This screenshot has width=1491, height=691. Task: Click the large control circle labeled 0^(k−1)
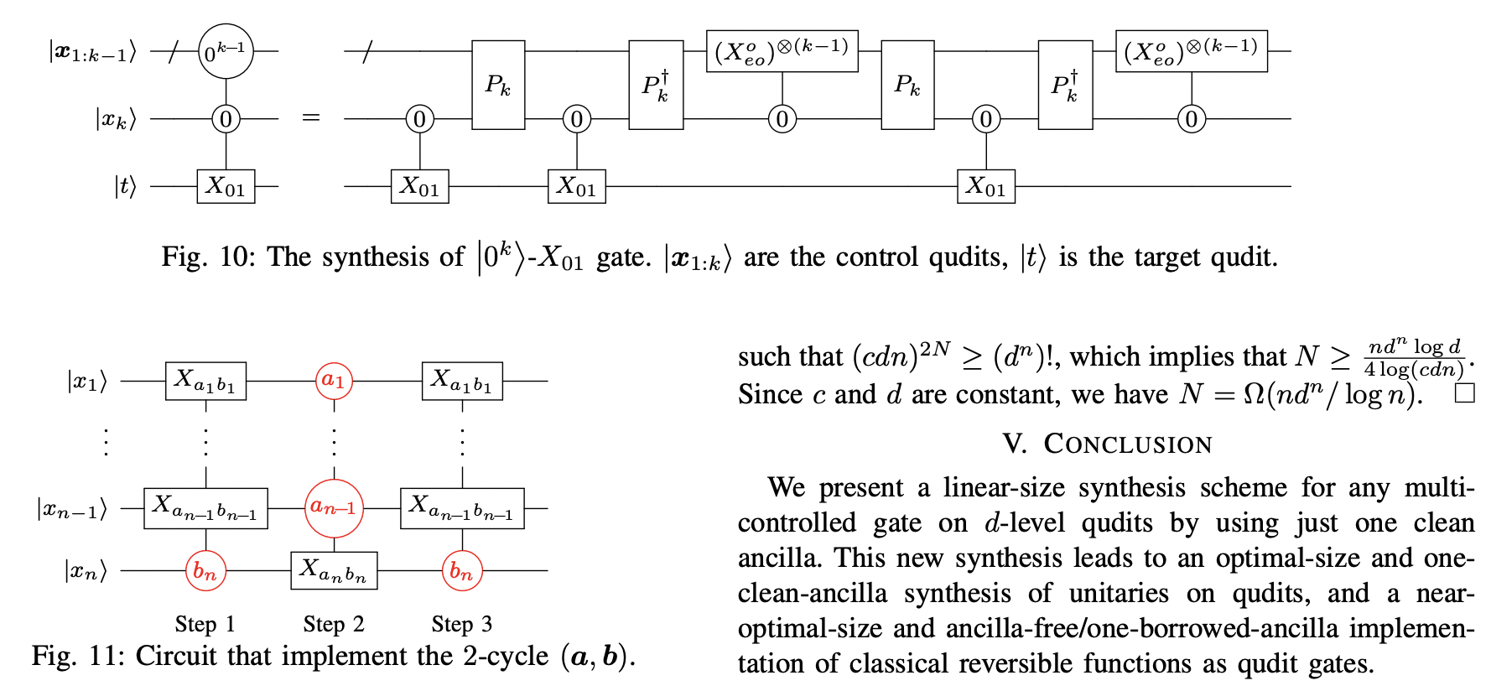click(226, 51)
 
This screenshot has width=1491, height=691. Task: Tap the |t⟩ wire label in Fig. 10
click(124, 186)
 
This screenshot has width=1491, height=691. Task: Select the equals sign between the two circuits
click(311, 118)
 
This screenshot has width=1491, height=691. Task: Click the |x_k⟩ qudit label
click(115, 119)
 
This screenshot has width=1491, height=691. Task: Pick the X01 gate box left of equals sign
click(226, 186)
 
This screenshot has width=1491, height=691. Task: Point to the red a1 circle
click(334, 381)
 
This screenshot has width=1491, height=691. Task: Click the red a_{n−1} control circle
click(334, 507)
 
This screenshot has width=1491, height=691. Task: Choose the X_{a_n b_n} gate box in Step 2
click(334, 571)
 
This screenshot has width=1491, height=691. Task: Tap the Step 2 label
click(334, 625)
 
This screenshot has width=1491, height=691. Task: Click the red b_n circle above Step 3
click(462, 571)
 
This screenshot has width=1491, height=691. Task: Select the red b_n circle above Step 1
click(205, 571)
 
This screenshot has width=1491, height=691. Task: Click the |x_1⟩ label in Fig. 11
click(87, 382)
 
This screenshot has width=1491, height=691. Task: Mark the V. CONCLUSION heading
click(1107, 444)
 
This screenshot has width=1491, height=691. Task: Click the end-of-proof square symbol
click(1464, 393)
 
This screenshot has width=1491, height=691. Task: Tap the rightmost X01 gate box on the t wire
click(986, 186)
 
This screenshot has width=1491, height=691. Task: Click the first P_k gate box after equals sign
click(498, 85)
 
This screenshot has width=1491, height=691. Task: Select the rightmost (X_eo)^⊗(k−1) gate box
click(1191, 52)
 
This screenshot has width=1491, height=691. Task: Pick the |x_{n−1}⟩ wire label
click(71, 508)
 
